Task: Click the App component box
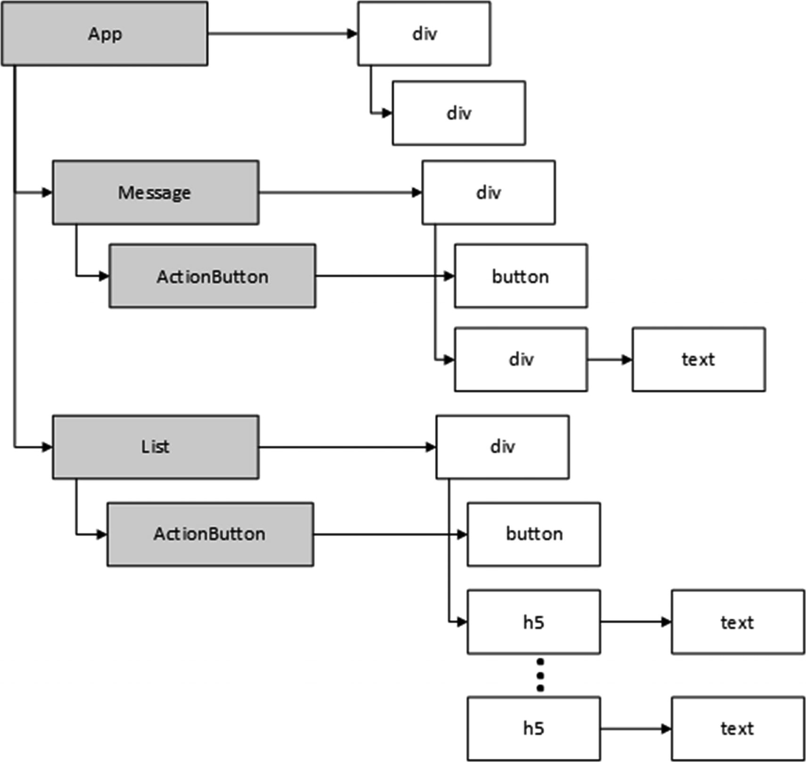(x=105, y=33)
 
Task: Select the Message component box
(x=156, y=192)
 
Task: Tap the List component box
(x=156, y=447)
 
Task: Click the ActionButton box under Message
(x=212, y=276)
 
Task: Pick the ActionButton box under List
(x=210, y=534)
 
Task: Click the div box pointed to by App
(x=424, y=33)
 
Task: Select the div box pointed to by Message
(x=488, y=192)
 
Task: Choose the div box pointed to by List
(x=502, y=447)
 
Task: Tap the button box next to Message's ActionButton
(x=521, y=276)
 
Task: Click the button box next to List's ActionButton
(x=534, y=534)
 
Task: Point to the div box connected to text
(x=521, y=360)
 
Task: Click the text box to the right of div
(x=699, y=360)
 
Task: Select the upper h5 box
(x=534, y=622)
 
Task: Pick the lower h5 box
(x=534, y=729)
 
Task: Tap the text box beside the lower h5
(x=738, y=729)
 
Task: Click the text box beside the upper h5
(x=738, y=622)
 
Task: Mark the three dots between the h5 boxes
(x=540, y=675)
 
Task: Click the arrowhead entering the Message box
(x=47, y=192)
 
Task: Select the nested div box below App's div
(x=459, y=113)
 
